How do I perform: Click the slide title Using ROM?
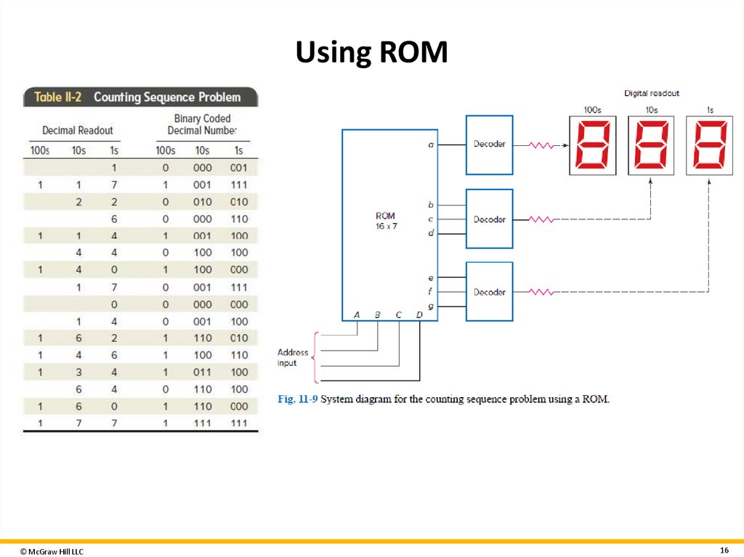click(371, 53)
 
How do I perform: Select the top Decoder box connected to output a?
click(489, 145)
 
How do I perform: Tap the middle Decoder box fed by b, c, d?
click(489, 219)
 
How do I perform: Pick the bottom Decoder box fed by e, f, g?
click(489, 292)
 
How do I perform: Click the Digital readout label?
click(652, 94)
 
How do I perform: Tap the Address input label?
click(292, 357)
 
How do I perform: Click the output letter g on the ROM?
click(431, 306)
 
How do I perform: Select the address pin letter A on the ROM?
click(357, 314)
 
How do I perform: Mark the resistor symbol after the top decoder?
click(540, 145)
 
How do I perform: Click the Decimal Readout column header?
click(78, 130)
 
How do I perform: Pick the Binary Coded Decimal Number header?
click(202, 124)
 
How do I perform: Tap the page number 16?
click(724, 549)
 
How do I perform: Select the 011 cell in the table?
click(203, 373)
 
